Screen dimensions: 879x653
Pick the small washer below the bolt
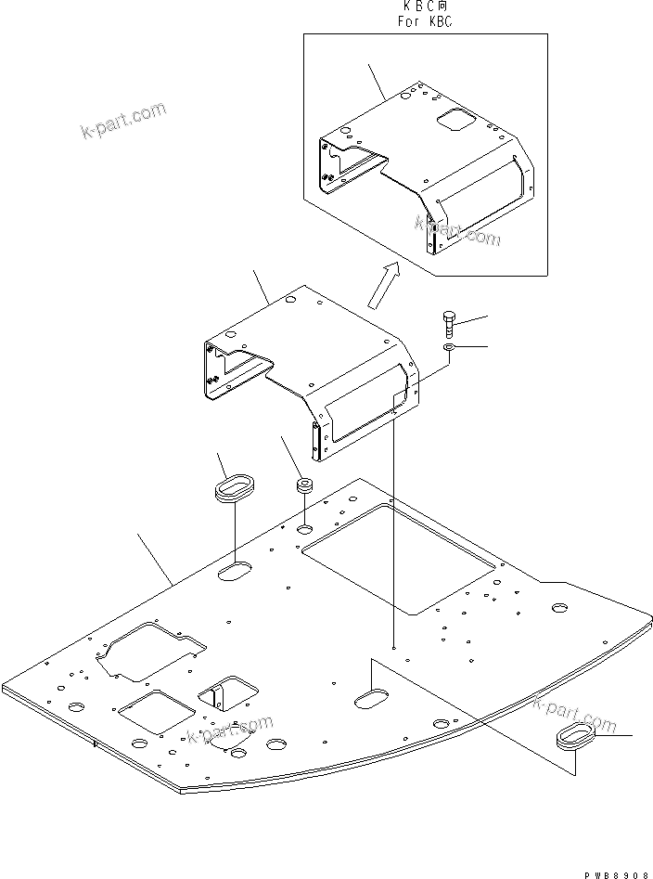pyautogui.click(x=448, y=348)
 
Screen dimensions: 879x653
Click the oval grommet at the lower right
pyautogui.click(x=576, y=739)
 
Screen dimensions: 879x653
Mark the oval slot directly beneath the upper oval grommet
pyautogui.click(x=236, y=571)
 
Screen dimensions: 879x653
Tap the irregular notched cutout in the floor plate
pyautogui.click(x=148, y=649)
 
